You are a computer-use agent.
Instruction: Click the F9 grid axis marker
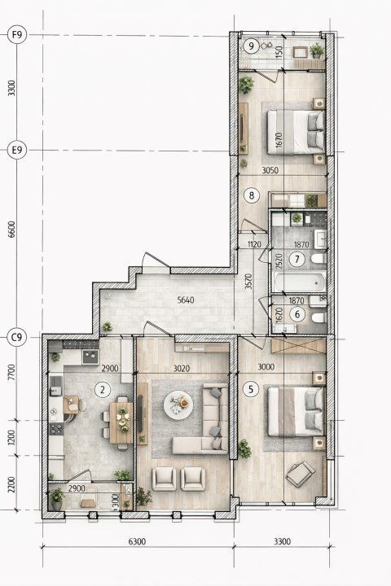point(17,35)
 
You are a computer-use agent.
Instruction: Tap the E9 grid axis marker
point(17,151)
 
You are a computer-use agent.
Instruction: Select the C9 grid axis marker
point(17,338)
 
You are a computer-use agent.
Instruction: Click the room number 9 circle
point(251,46)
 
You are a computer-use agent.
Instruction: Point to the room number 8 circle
point(251,195)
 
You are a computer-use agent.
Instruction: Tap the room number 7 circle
point(297,259)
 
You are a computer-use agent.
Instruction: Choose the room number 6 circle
point(297,314)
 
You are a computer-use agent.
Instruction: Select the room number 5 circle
point(251,389)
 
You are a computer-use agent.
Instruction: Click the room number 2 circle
point(103,390)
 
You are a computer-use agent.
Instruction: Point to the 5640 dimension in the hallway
point(186,300)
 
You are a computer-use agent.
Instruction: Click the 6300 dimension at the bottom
point(137,541)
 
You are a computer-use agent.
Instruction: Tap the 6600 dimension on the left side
point(12,230)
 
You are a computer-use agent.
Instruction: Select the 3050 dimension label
point(270,170)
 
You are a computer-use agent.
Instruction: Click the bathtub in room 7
point(299,282)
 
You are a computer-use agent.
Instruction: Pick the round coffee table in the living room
point(178,405)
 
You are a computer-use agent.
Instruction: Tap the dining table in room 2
point(121,422)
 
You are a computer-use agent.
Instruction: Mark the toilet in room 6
point(319,317)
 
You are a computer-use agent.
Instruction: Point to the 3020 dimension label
point(182,369)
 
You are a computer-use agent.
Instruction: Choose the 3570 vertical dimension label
point(248,282)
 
